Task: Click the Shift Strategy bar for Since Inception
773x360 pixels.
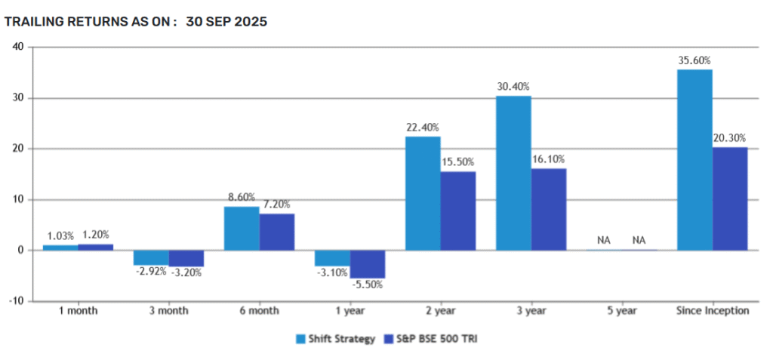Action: pyautogui.click(x=694, y=160)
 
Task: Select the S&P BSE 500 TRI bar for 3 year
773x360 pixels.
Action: pyautogui.click(x=548, y=209)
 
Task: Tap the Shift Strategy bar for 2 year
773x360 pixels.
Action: pyautogui.click(x=423, y=193)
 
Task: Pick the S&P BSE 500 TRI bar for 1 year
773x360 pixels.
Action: pyautogui.click(x=368, y=264)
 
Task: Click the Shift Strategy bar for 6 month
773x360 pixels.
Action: pyautogui.click(x=242, y=229)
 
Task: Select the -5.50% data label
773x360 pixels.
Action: pyautogui.click(x=368, y=285)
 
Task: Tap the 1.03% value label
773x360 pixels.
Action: pyautogui.click(x=60, y=236)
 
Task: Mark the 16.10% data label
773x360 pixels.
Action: pyautogui.click(x=549, y=159)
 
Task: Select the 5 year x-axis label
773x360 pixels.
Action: pyautogui.click(x=622, y=310)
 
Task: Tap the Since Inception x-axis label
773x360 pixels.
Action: pyautogui.click(x=713, y=310)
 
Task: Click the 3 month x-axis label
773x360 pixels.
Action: pyautogui.click(x=168, y=310)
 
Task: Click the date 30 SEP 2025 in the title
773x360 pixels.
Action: pyautogui.click(x=226, y=21)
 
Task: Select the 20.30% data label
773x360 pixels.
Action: pyautogui.click(x=730, y=138)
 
